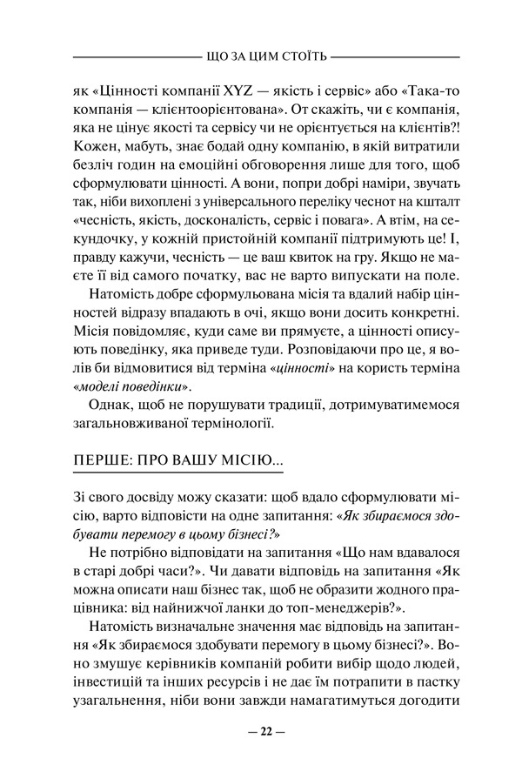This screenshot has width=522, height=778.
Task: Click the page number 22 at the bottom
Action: click(x=261, y=731)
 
